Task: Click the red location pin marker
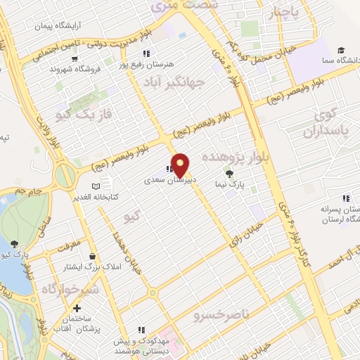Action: (x=181, y=164)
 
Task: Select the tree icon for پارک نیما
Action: (x=229, y=173)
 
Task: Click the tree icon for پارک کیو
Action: (x=15, y=243)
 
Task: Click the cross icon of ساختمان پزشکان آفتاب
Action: (x=77, y=308)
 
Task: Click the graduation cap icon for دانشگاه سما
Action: (x=341, y=51)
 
